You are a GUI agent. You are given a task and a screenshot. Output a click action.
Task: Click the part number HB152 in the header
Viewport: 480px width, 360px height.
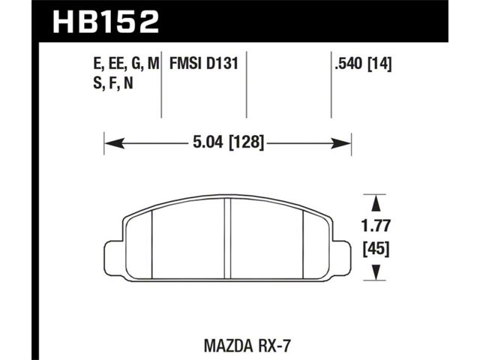(106, 22)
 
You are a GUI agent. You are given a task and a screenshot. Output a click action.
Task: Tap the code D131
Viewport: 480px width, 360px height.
(222, 64)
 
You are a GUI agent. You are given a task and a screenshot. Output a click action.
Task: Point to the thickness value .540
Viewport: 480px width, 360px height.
(349, 64)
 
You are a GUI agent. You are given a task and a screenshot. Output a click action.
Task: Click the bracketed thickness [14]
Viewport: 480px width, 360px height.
(379, 64)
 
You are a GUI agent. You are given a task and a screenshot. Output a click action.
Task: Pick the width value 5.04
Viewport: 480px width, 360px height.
(208, 142)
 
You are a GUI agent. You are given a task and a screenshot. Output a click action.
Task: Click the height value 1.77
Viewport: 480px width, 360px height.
(376, 226)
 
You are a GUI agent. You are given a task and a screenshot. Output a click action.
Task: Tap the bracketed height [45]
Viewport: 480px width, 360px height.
(376, 248)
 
